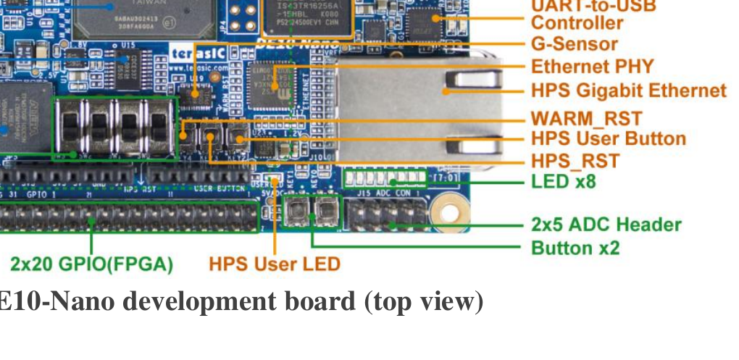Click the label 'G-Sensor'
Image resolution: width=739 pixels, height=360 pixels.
pyautogui.click(x=574, y=44)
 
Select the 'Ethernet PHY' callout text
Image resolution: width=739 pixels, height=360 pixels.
pyautogui.click(x=592, y=67)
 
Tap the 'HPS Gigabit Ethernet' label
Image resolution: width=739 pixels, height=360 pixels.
pyautogui.click(x=628, y=91)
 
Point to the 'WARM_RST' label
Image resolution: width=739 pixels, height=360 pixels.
pyautogui.click(x=586, y=118)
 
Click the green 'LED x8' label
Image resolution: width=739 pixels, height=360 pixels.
pyautogui.click(x=563, y=181)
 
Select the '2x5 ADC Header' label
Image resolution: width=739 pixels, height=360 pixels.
pyautogui.click(x=606, y=225)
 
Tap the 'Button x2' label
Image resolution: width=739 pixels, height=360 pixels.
pyautogui.click(x=575, y=248)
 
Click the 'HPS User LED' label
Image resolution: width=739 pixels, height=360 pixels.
pyautogui.click(x=275, y=264)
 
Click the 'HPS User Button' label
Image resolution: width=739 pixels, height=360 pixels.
pyautogui.click(x=608, y=138)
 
